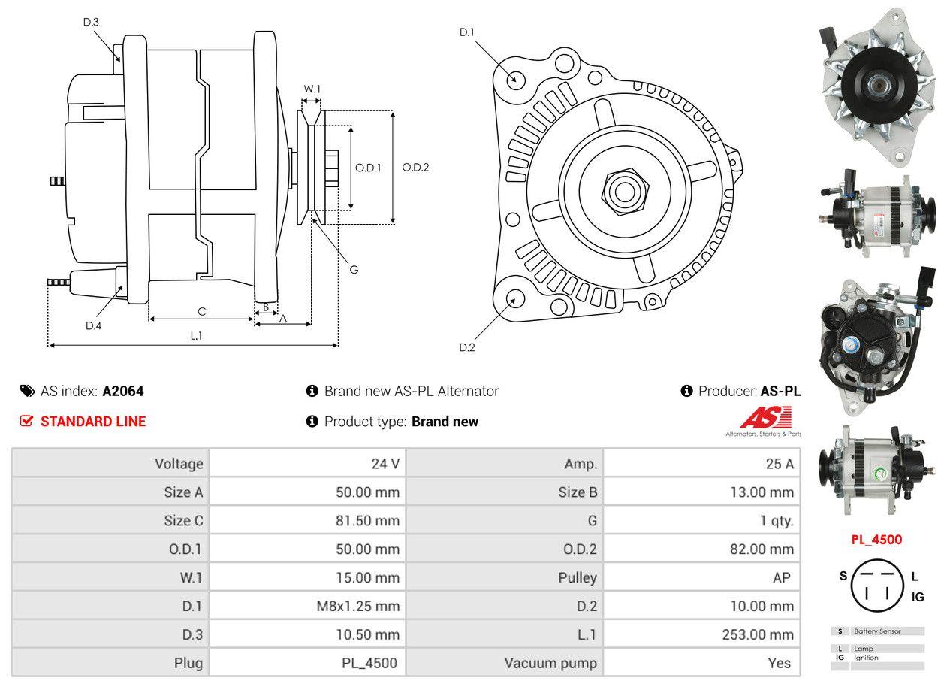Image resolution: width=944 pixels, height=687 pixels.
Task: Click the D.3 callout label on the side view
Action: (x=91, y=22)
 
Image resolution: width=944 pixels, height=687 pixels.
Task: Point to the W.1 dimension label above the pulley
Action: (x=312, y=89)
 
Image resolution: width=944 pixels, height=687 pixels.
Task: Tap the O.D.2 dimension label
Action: (x=415, y=168)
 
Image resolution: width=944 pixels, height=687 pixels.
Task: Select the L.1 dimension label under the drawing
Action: (x=196, y=335)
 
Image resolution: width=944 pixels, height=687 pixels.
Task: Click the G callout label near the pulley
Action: (x=354, y=269)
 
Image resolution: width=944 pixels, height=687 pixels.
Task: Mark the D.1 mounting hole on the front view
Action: (x=515, y=79)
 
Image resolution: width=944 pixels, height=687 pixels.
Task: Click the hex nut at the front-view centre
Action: (x=623, y=190)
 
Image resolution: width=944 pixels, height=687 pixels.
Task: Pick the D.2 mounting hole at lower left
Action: (x=515, y=298)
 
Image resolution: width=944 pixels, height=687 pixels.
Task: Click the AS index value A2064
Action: (x=123, y=391)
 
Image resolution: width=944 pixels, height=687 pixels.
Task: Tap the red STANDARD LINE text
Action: (x=93, y=422)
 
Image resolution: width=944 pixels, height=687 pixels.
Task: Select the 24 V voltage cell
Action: (x=385, y=464)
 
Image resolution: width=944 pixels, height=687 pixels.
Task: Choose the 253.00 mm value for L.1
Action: (x=758, y=635)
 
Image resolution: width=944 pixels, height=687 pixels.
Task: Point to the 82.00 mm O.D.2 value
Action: (x=761, y=549)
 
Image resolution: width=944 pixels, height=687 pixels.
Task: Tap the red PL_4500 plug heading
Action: (x=876, y=539)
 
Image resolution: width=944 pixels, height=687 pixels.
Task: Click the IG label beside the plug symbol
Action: (x=918, y=597)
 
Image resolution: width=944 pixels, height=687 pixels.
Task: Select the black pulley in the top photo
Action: (x=875, y=84)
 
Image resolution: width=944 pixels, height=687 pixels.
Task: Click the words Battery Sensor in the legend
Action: (x=877, y=631)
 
